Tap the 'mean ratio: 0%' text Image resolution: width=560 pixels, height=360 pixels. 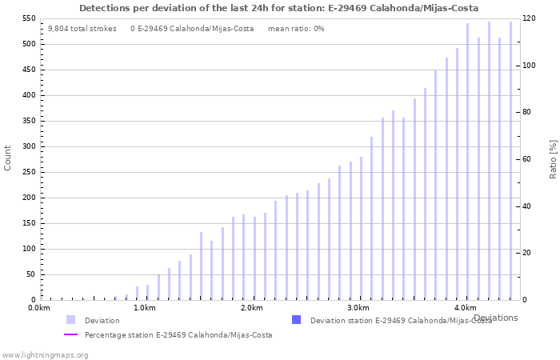(x=296, y=28)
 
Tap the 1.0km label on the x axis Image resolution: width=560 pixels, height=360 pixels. (x=145, y=308)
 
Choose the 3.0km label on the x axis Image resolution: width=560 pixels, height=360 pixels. (x=358, y=308)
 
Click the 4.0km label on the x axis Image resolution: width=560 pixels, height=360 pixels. (x=465, y=308)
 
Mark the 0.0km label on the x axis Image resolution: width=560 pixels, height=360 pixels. (x=39, y=308)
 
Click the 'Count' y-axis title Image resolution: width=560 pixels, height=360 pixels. (x=8, y=158)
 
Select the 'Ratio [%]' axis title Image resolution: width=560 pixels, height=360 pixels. (x=553, y=158)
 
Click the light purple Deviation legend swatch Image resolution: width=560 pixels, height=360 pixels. (x=71, y=320)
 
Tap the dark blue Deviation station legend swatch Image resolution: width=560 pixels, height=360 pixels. (x=297, y=320)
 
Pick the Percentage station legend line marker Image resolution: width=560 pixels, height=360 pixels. (x=71, y=334)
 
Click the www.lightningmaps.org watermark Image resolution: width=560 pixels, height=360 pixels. (x=45, y=354)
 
